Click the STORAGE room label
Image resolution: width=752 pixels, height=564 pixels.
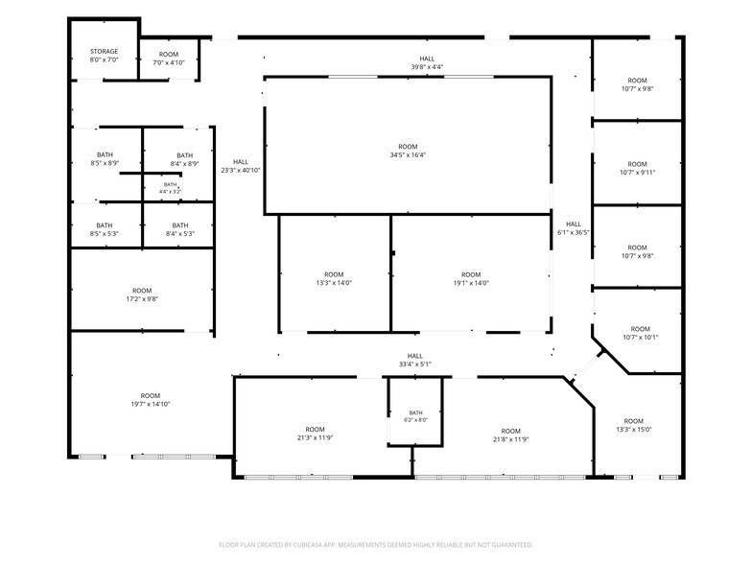[104, 56]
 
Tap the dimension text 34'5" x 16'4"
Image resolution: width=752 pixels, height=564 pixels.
[409, 155]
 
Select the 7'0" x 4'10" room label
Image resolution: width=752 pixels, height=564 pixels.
[169, 59]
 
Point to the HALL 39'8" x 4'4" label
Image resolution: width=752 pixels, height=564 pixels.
[427, 63]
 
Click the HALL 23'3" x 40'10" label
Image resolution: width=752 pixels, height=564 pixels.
[241, 166]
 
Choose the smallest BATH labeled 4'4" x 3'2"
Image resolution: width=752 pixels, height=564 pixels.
[171, 188]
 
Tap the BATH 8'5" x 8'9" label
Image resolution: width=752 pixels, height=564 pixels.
[105, 159]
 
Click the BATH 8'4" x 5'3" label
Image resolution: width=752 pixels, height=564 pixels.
[180, 229]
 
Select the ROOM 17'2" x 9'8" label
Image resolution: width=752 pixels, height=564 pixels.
[142, 294]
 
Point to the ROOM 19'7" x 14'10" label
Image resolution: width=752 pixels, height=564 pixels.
[150, 399]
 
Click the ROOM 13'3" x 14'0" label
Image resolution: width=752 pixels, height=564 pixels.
[334, 278]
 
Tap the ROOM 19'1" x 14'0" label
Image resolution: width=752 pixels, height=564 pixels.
[471, 278]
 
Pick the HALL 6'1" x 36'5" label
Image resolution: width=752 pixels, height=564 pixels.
[574, 228]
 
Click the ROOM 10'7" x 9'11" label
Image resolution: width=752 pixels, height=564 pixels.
[637, 168]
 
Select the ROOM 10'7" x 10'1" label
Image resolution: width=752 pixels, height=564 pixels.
[641, 333]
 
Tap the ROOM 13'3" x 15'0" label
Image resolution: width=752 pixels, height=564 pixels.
[633, 425]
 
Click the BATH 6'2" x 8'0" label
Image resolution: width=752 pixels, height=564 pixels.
[416, 416]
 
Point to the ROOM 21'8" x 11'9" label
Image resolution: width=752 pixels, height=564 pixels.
[510, 435]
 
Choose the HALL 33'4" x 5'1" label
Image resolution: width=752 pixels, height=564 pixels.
[414, 360]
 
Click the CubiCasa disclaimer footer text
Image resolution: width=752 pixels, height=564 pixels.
[376, 545]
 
